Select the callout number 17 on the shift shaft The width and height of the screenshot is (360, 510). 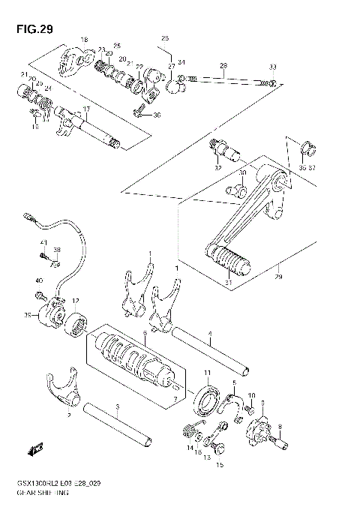coord(86,109)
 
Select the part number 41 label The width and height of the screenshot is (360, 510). coord(43,241)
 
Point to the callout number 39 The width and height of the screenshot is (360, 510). coord(28,316)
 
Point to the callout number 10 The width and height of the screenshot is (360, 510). coord(251,394)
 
